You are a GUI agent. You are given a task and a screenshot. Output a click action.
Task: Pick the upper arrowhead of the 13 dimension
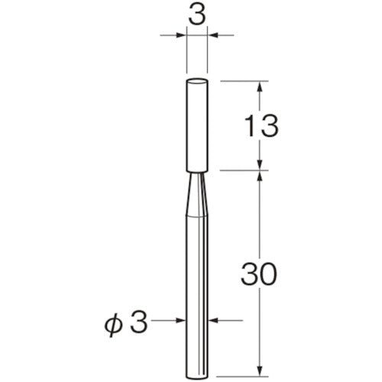[261, 85]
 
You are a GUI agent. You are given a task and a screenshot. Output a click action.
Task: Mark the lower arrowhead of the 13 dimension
[261, 165]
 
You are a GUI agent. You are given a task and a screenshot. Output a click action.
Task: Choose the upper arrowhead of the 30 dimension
[261, 176]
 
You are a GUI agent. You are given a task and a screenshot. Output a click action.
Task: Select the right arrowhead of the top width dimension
[213, 34]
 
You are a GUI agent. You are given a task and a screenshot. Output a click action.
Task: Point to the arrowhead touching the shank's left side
[181, 320]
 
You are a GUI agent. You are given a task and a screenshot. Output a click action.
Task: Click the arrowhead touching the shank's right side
[213, 320]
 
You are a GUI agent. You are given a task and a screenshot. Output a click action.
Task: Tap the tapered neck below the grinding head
[197, 195]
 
